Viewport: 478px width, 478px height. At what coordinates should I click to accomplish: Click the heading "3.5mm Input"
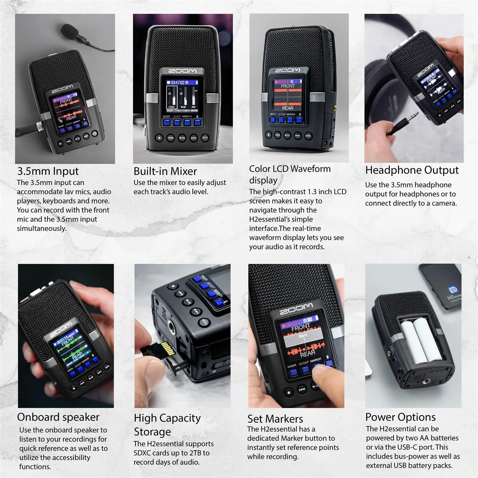point(48,171)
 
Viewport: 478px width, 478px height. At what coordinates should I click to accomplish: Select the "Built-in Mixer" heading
point(165,171)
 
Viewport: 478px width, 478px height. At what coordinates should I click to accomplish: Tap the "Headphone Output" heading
point(412,170)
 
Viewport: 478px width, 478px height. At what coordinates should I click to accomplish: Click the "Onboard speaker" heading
point(58,417)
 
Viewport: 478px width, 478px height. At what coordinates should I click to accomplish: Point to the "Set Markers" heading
point(275,419)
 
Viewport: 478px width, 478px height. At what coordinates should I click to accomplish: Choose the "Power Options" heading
point(400,417)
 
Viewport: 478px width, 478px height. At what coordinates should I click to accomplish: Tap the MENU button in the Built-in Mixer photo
point(205,138)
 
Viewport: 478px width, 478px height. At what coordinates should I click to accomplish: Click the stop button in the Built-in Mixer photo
point(159,138)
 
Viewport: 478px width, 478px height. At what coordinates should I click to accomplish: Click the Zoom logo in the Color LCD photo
point(287,70)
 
